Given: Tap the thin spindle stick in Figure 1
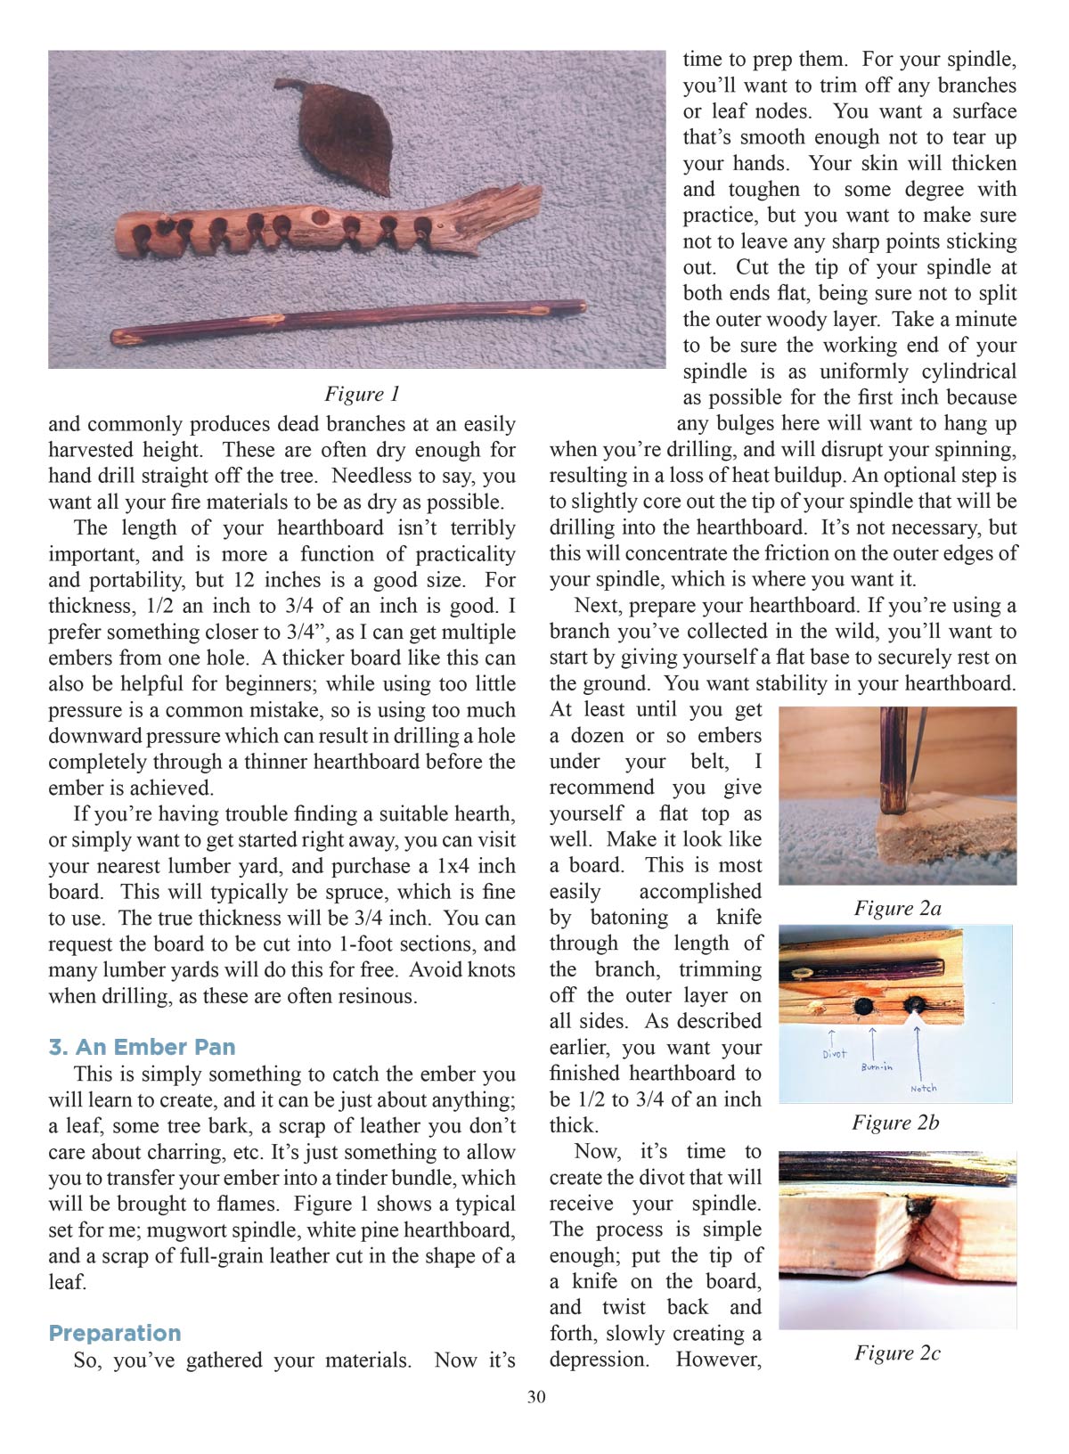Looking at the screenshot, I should (347, 321).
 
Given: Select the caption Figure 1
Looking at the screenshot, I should (362, 394).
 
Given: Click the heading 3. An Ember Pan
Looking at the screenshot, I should (142, 1047).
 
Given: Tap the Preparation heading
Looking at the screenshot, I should (115, 1333).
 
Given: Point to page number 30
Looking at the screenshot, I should (536, 1397).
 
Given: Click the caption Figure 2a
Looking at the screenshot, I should (897, 908).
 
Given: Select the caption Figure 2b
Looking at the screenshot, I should (895, 1122).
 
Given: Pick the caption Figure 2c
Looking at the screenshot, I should (897, 1352).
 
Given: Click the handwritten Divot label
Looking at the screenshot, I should (834, 1054).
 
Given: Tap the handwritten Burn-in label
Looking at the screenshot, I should (877, 1066).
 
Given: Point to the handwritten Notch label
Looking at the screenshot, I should (923, 1088).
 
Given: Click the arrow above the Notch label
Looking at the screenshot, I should (918, 1051).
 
